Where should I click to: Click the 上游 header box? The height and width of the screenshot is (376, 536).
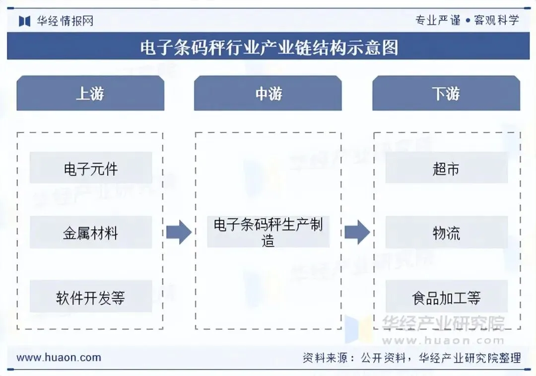(x=90, y=93)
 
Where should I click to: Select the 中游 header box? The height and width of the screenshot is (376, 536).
(x=268, y=93)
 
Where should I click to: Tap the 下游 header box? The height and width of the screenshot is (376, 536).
(x=446, y=93)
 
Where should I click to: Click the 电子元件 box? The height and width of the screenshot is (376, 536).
(x=91, y=168)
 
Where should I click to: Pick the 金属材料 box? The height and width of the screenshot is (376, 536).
(x=91, y=233)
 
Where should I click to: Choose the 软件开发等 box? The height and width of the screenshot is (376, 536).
(x=91, y=297)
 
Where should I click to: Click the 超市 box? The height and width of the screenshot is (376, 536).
(x=446, y=168)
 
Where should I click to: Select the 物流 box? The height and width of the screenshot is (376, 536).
(x=446, y=233)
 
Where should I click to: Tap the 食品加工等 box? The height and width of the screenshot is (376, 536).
(x=446, y=297)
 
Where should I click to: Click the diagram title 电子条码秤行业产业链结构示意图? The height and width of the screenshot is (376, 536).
(x=268, y=48)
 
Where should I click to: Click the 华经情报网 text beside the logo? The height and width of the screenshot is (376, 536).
(x=65, y=21)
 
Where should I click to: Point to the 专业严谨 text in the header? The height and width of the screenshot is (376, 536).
(x=438, y=20)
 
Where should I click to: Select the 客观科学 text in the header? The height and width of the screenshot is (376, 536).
(x=496, y=20)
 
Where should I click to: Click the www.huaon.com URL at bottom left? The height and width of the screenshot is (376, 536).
(x=59, y=357)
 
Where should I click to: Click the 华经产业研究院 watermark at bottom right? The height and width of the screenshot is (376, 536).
(x=443, y=324)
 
